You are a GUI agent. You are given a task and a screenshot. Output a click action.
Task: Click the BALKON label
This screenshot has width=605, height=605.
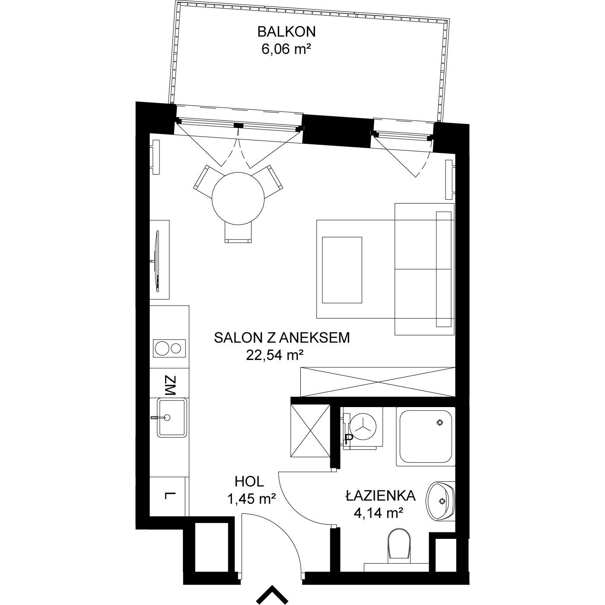pyautogui.click(x=287, y=32)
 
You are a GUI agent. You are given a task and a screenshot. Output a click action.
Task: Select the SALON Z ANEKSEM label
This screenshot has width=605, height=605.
pyautogui.click(x=282, y=338)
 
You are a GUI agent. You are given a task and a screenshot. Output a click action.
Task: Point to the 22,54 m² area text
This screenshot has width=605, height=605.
pyautogui.click(x=275, y=355)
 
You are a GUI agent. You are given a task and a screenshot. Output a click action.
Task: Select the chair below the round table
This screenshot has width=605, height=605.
pyautogui.click(x=238, y=232)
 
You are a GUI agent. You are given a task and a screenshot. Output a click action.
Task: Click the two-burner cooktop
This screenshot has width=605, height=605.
pyautogui.click(x=169, y=348)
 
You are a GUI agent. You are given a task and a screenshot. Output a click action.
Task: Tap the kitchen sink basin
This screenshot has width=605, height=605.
pyautogui.click(x=172, y=417)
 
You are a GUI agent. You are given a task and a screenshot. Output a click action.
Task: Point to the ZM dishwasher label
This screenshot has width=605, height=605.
pyautogui.click(x=170, y=385)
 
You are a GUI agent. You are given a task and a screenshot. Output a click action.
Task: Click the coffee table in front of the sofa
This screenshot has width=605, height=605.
pyautogui.click(x=342, y=270)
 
